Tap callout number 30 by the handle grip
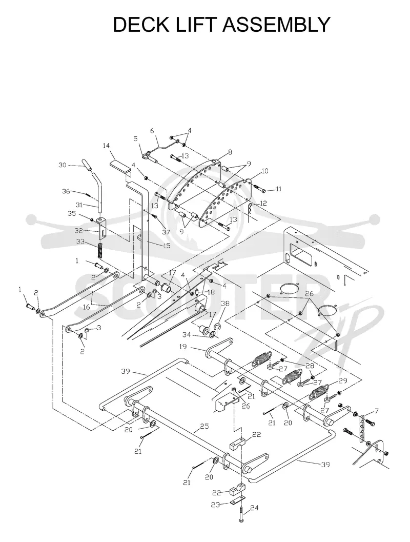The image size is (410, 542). (62, 165)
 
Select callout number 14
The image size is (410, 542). (106, 146)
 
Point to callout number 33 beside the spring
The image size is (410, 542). (80, 242)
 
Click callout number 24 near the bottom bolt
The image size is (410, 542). (254, 508)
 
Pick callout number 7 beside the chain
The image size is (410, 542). (377, 411)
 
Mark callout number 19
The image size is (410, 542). (183, 346)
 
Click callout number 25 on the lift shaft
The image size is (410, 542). (204, 426)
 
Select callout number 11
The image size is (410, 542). (278, 189)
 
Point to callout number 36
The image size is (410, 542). (66, 191)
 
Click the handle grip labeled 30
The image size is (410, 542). (88, 165)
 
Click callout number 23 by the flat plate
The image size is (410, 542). (215, 505)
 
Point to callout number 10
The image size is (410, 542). (265, 171)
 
